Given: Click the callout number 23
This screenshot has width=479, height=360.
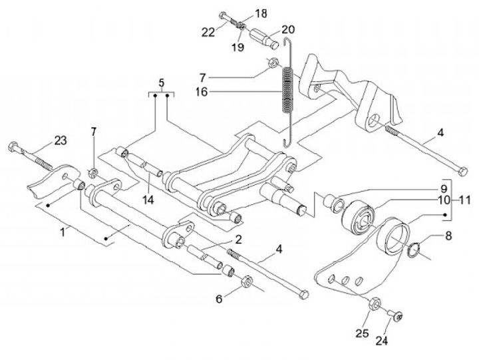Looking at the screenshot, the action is point(61,141).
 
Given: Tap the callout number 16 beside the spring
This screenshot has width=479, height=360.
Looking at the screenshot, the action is point(202,92).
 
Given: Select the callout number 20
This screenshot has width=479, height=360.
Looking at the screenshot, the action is point(288,29).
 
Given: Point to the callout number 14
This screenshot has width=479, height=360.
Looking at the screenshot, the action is point(148,200).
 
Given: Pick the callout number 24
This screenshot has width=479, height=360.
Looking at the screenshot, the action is point(382,341).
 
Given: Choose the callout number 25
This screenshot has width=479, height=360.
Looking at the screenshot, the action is point(362,333).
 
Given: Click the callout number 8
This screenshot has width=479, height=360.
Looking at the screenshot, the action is point(448,236).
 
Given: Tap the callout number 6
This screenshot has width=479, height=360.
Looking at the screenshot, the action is point(219,299).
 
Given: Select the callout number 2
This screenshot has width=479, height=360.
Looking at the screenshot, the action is point(238,240).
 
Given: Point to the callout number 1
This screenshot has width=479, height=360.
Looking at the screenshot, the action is point(63,232).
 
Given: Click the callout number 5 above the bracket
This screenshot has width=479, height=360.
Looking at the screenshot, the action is point(161,83).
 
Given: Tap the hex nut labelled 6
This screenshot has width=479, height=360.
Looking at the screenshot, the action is point(247,281).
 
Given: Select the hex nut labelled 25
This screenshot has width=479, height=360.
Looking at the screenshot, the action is point(375,303).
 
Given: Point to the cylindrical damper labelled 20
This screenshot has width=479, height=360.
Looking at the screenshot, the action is point(265,39).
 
